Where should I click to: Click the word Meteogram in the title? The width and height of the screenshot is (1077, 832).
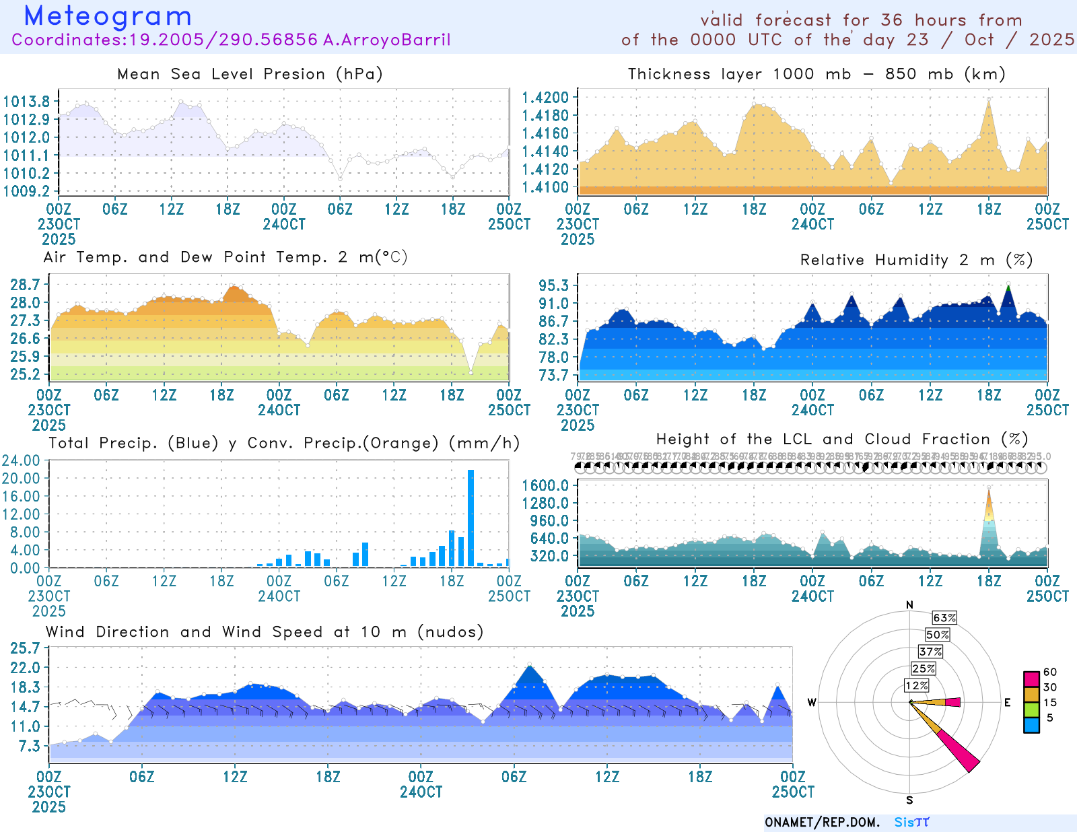108,16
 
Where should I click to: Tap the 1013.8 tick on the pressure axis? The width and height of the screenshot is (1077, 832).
26,102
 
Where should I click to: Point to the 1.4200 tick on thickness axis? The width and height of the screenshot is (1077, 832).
545,98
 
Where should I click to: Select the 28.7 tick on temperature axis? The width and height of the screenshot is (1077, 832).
25,284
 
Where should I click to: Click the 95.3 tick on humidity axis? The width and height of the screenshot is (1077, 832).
553,285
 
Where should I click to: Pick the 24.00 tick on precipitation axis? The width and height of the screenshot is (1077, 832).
21,460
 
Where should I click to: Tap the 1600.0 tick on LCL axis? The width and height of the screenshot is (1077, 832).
545,485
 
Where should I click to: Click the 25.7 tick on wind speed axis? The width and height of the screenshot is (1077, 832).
25,648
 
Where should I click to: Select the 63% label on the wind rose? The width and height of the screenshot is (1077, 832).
944,618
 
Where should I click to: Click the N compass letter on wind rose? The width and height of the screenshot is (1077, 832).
909,604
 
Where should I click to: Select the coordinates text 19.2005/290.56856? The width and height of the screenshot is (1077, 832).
223,40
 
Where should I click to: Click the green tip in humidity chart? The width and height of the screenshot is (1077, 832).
1008,287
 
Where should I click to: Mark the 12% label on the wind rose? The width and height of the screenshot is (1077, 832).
916,685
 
